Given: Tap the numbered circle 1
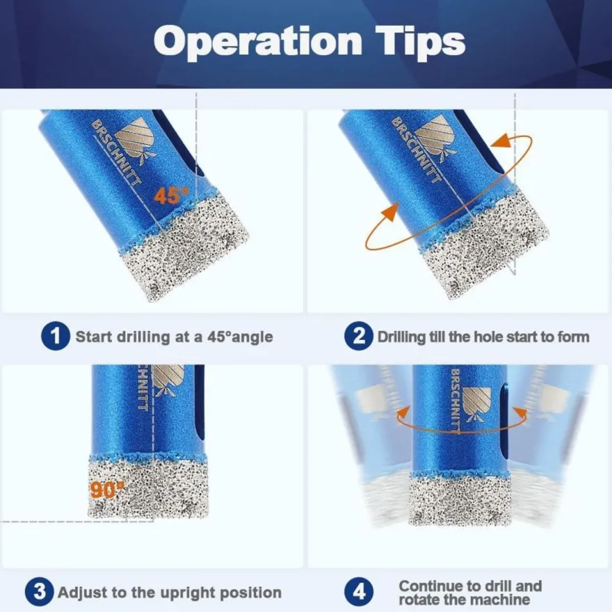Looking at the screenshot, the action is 56,336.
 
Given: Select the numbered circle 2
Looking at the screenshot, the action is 359,336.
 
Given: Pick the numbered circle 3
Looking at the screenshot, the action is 40,592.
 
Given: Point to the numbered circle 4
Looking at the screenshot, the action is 359,592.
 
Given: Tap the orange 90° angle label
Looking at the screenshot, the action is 106,490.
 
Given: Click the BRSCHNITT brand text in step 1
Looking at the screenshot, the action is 116,152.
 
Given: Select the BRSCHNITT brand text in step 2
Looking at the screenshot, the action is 417,150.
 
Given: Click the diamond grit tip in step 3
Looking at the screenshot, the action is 147,488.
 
